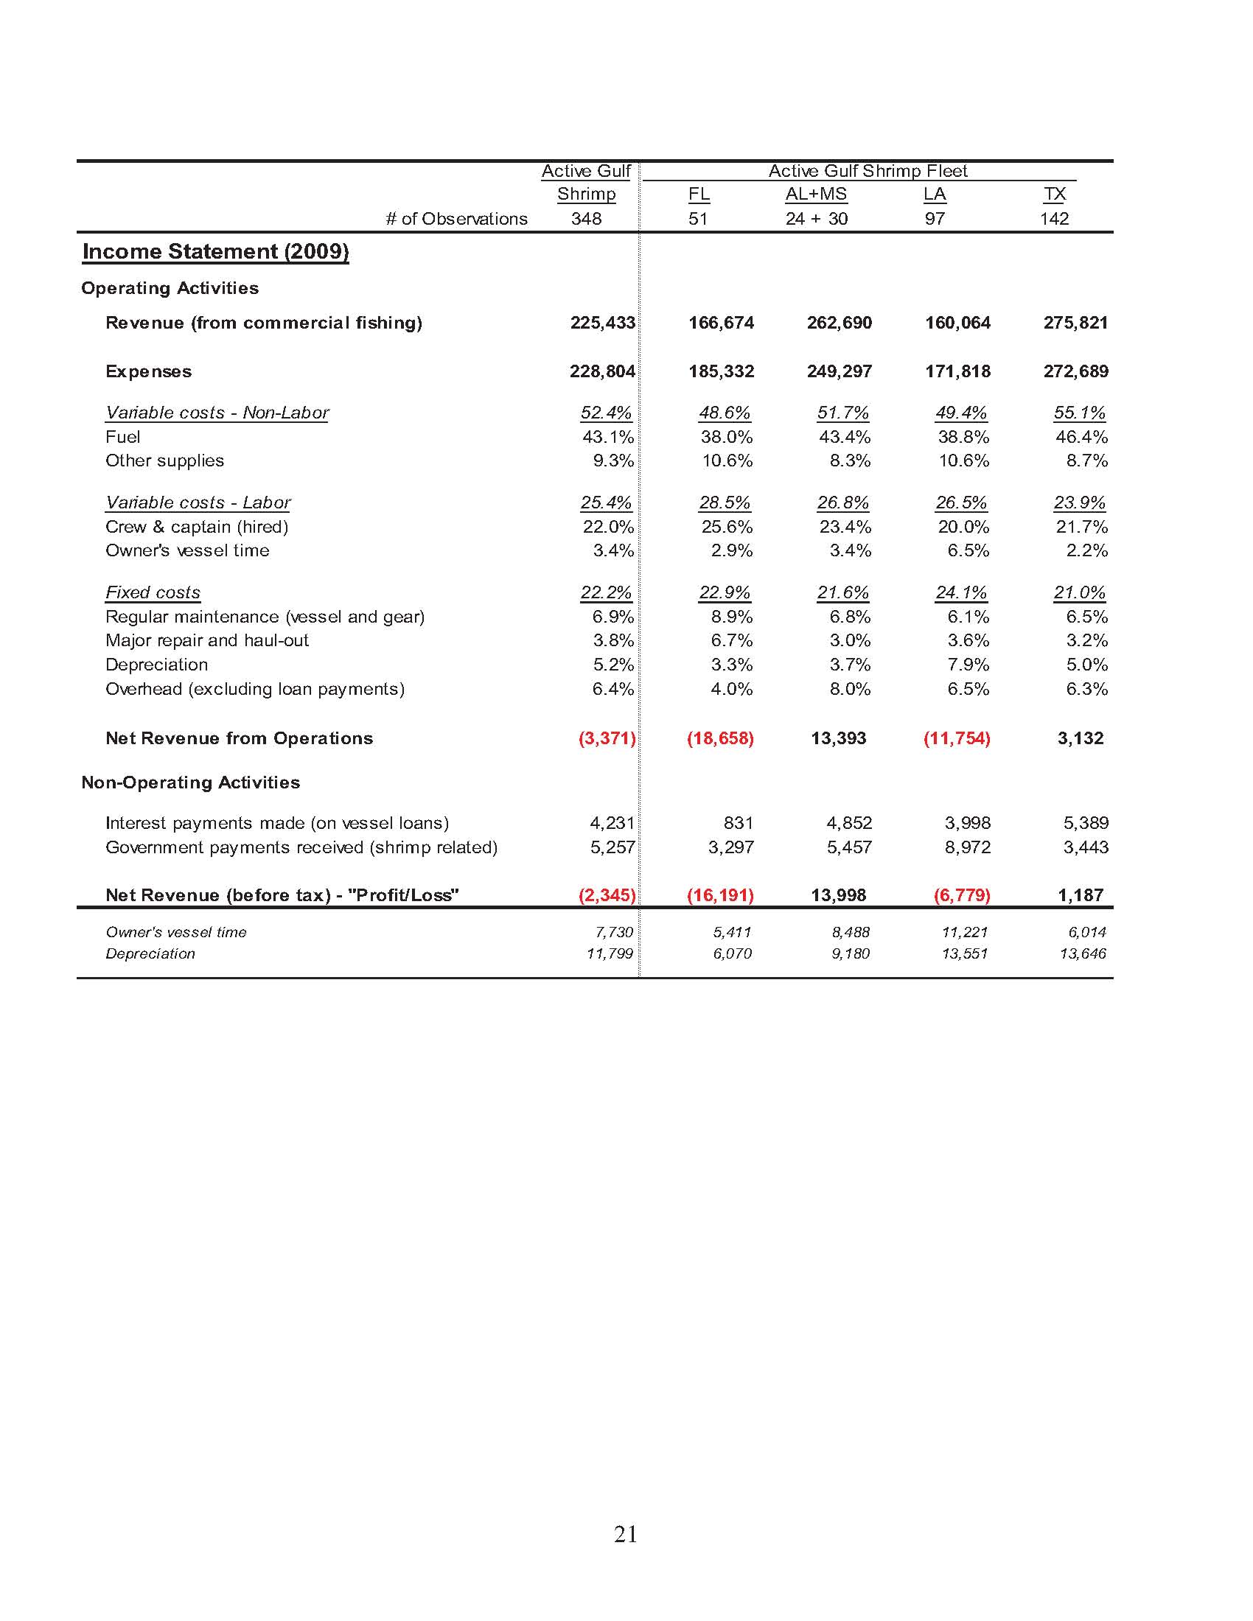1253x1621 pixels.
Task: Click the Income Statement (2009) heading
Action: tap(215, 251)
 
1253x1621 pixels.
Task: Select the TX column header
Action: tap(1054, 195)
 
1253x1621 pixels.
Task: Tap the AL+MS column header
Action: tap(816, 195)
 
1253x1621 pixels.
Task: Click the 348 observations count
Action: tap(586, 219)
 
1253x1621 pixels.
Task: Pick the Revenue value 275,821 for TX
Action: tap(1075, 323)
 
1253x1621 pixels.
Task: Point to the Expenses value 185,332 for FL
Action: tap(721, 371)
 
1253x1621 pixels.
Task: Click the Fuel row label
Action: tap(122, 437)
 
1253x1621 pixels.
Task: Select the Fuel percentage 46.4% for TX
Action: tap(1081, 437)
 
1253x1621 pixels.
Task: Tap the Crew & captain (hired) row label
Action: tap(197, 527)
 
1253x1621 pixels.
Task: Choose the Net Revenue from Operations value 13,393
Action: tap(838, 738)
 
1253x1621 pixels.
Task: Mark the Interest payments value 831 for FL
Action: tap(738, 823)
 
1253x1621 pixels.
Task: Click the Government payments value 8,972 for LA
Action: tap(966, 847)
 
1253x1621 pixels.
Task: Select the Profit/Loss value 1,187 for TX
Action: tap(1080, 895)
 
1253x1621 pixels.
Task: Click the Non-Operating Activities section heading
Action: tap(191, 783)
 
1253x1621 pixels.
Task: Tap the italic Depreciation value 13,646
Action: tap(1082, 953)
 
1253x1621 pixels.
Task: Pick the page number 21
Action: tap(626, 1534)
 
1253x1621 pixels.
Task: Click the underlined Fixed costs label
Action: tap(153, 593)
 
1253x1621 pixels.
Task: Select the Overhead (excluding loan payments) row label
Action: tap(254, 690)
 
